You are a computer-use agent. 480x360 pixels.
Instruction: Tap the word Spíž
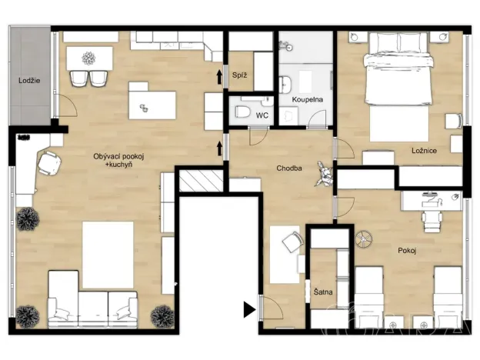[238, 75]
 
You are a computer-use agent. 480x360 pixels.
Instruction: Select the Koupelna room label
[305, 101]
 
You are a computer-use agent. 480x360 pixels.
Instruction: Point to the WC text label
[262, 115]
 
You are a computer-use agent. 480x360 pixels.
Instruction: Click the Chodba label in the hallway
[290, 168]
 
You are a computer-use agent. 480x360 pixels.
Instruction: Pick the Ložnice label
[423, 151]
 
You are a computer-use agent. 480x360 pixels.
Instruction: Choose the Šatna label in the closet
[322, 292]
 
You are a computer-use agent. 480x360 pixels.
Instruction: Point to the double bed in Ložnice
[398, 77]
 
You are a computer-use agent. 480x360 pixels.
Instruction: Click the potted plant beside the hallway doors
[323, 177]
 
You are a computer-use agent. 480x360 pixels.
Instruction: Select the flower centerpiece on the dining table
[88, 57]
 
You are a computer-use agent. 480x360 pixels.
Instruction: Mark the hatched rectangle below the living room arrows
[200, 181]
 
